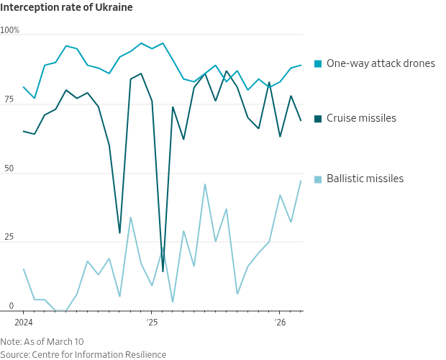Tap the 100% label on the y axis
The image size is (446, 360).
point(10,30)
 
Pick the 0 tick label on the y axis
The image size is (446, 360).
point(11,306)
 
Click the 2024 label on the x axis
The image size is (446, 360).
point(24,323)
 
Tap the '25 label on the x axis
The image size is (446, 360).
point(152,323)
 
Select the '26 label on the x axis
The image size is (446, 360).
point(280,323)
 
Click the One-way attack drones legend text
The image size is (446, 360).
point(381,63)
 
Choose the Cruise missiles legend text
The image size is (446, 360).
point(361,118)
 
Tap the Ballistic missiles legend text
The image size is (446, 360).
point(365,179)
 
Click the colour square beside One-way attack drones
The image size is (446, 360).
point(318,64)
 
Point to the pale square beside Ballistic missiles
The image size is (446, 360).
point(318,179)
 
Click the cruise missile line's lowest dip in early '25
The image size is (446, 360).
point(163,271)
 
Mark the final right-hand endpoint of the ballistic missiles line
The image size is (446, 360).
point(301,181)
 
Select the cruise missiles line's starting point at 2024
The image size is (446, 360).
point(24,131)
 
